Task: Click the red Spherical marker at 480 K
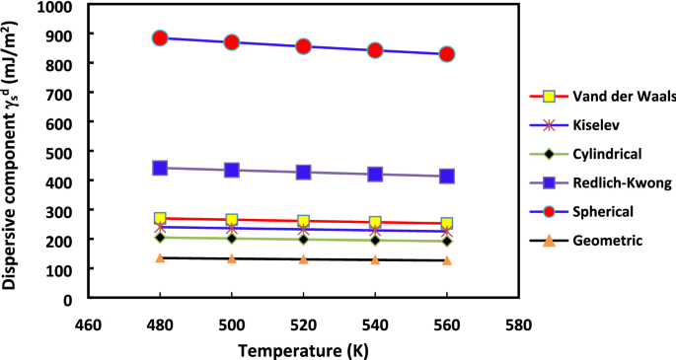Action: tap(160, 38)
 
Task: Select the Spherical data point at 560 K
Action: tap(446, 54)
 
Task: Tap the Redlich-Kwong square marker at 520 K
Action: tap(303, 172)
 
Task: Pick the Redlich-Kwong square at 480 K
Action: tap(160, 168)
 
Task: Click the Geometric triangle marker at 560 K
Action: tap(446, 260)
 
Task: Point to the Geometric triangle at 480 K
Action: tap(160, 257)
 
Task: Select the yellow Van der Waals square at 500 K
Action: tap(232, 220)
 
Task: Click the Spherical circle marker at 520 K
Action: tap(303, 46)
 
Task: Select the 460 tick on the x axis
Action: tap(88, 323)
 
